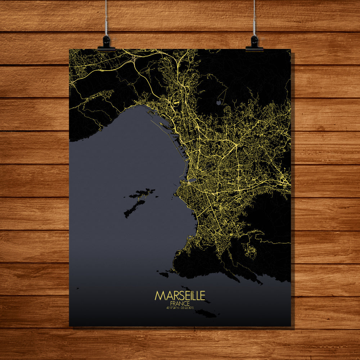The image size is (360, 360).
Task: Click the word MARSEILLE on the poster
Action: pyautogui.click(x=180, y=296)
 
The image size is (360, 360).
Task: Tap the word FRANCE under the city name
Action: pyautogui.click(x=180, y=303)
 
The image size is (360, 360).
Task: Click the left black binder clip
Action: pyautogui.click(x=106, y=43)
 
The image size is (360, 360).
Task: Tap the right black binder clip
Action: pyautogui.click(x=254, y=43)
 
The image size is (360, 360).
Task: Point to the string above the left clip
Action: pyautogui.click(x=106, y=18)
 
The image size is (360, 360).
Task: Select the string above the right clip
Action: pyautogui.click(x=254, y=18)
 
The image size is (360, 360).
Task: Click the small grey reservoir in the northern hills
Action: pyautogui.click(x=219, y=103)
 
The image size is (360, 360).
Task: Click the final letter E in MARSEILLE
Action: pyautogui.click(x=202, y=296)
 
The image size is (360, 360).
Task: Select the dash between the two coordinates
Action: pyautogui.click(x=180, y=308)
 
